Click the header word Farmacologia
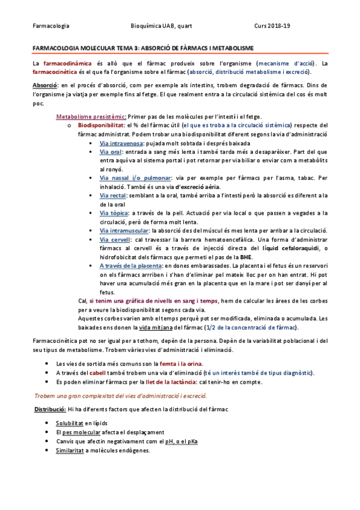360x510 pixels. [50, 26]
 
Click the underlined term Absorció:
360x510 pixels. [45, 86]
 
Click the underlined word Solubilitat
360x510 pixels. [69, 423]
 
